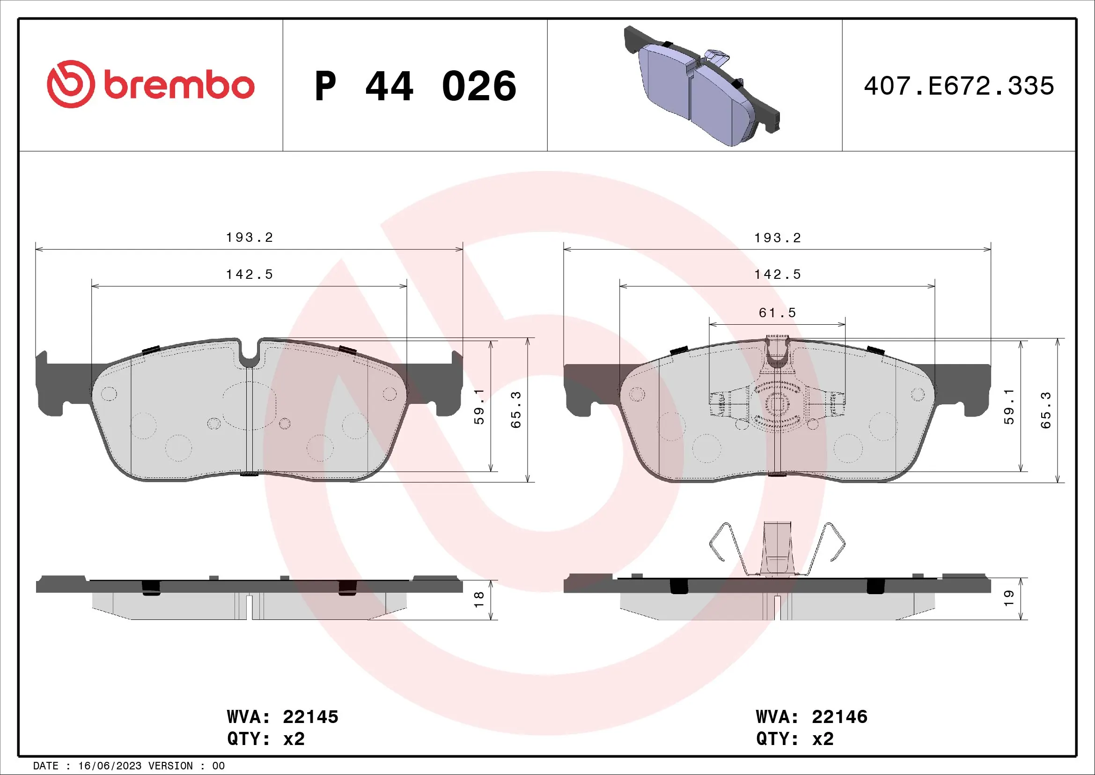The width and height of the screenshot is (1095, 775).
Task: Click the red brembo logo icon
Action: [x=71, y=84]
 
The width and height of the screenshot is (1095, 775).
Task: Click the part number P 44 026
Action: [x=415, y=86]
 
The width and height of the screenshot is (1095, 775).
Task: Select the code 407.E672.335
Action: [x=959, y=86]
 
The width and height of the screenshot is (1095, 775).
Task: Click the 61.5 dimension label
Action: [x=778, y=313]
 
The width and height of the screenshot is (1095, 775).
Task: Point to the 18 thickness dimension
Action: [x=479, y=599]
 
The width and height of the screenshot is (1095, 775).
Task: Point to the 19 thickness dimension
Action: [x=1008, y=598]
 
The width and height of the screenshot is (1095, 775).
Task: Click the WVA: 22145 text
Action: [x=282, y=717]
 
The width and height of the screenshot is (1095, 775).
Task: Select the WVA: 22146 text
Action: [x=811, y=717]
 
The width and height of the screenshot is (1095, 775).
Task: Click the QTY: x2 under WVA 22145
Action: [x=265, y=739]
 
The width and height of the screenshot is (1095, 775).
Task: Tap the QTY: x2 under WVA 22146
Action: [x=794, y=739]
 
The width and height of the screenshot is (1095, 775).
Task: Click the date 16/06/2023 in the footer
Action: [x=109, y=766]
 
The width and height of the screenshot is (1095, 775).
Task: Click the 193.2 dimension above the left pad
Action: [x=250, y=238]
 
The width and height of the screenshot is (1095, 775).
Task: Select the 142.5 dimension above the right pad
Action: [x=778, y=275]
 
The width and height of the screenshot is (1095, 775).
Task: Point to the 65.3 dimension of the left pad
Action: [x=516, y=410]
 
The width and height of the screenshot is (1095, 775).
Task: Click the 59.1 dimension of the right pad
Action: [x=1009, y=407]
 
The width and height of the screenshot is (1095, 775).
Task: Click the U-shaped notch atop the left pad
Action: [x=249, y=352]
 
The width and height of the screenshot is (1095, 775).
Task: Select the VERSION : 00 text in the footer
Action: [x=186, y=766]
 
